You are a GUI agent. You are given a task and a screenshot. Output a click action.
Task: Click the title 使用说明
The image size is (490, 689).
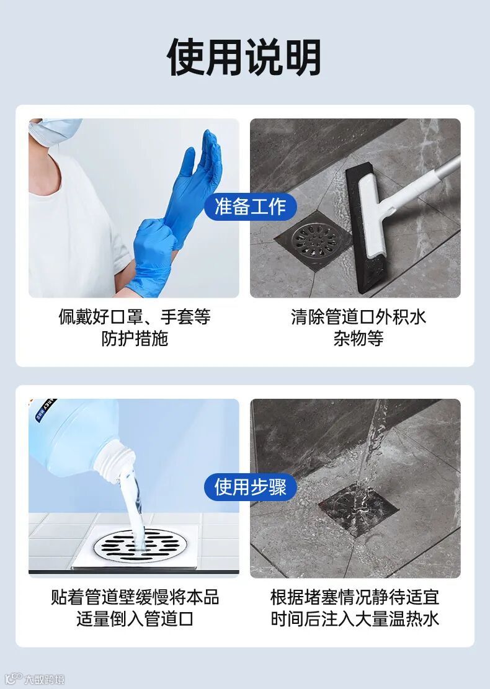pos(244,57)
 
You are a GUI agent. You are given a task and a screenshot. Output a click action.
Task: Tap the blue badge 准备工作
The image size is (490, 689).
pos(251,207)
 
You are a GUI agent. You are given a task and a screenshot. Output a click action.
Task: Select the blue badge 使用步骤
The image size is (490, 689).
pos(251,487)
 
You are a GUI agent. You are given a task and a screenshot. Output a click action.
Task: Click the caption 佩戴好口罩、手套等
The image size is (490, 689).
pos(135,316)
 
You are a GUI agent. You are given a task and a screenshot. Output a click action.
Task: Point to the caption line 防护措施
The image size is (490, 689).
pos(135,339)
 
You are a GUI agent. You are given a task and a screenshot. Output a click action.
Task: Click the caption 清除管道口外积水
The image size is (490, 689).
pos(358,316)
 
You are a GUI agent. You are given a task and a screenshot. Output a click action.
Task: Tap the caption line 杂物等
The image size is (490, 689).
pos(358,339)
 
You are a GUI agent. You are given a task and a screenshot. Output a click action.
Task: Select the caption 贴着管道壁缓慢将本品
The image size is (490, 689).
pos(135,597)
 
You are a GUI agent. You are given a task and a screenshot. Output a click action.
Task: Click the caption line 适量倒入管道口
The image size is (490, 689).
pos(135,619)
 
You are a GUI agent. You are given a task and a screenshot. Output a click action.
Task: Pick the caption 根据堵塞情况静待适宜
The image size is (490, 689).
pos(355,597)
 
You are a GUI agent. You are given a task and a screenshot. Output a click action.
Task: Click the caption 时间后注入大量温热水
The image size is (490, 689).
pos(355,619)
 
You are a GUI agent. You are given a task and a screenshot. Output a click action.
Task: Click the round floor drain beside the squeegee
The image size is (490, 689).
pos(313,240)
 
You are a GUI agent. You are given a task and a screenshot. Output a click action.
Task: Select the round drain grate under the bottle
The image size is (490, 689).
pos(141,545)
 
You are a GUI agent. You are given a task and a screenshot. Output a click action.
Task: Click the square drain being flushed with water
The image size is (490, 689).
pos(359,510)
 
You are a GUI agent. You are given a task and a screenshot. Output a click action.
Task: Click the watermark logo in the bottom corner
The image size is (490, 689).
pos(35,679)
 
